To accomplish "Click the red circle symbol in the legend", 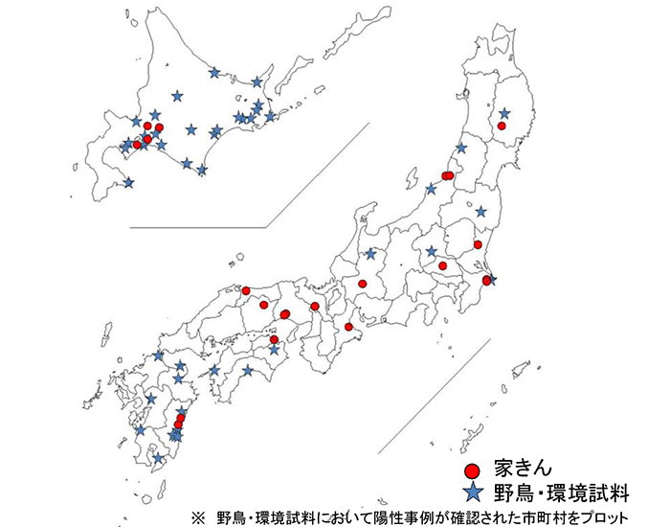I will click(x=471, y=471).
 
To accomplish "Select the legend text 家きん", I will click(x=524, y=470).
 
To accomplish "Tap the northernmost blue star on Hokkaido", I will click(x=214, y=72).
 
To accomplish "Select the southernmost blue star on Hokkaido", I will click(x=128, y=182).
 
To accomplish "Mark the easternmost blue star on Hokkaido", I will click(x=271, y=117).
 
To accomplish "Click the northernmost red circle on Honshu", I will click(x=502, y=126).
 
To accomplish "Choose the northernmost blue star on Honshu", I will click(x=503, y=109).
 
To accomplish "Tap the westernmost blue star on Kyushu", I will click(x=141, y=430).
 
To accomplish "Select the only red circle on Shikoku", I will click(x=274, y=339).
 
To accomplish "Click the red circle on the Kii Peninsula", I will click(x=349, y=327).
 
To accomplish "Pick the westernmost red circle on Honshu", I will click(x=246, y=290).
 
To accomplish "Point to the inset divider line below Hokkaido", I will click(x=196, y=227).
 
